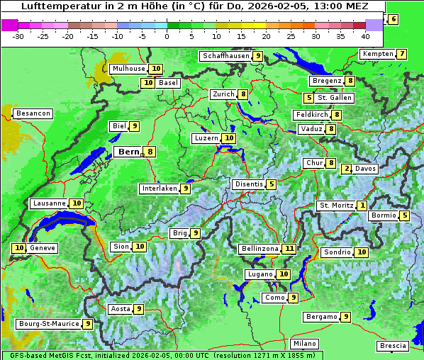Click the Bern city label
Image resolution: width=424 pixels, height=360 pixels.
pos(128,152)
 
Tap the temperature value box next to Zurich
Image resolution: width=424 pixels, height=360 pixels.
pos(243,94)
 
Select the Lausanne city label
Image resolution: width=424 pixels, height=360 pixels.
pos(49,203)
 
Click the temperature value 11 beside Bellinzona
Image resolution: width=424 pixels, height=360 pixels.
pos(289,249)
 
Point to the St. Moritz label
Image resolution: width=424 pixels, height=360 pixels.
pos(336,206)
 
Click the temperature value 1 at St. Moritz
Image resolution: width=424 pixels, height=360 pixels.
pos(362,206)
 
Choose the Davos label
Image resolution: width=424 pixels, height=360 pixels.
pos(365,169)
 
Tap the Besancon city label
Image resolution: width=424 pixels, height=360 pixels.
pos(33,113)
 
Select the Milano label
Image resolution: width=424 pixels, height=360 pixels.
pos(305,344)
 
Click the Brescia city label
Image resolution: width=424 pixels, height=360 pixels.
pos(393,346)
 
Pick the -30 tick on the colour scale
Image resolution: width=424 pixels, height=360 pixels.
pos(18,36)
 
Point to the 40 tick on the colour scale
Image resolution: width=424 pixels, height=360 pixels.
pos(365,36)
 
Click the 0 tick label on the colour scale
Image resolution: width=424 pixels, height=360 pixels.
pos(167,36)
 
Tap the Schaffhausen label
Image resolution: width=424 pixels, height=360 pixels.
pos(225,56)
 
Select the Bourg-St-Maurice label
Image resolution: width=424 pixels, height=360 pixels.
pos(48,324)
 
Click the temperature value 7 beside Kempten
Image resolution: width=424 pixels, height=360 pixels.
pos(402,54)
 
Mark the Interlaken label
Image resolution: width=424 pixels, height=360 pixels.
pos(159,189)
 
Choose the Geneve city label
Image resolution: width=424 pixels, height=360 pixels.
pos(43,248)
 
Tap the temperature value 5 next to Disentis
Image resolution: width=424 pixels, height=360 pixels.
pos(272,184)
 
